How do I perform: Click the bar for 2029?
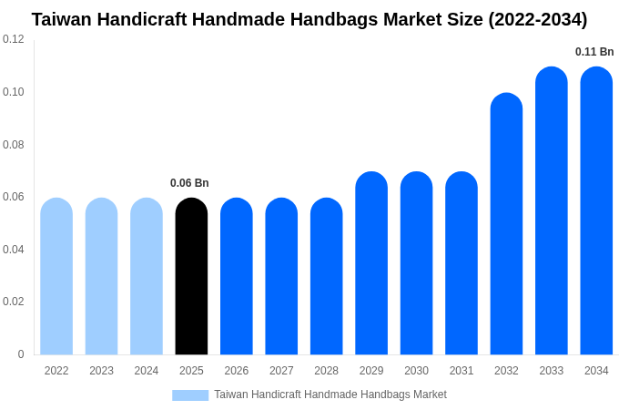(x=371, y=263)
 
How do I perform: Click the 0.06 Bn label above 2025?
(x=189, y=183)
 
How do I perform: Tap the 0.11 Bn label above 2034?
(x=594, y=52)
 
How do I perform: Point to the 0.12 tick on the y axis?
(x=14, y=39)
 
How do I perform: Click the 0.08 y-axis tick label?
(x=14, y=145)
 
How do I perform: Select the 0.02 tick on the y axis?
(x=14, y=302)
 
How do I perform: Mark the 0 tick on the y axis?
(x=21, y=354)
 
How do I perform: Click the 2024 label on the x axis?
(x=147, y=371)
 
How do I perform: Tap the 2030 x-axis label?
(x=416, y=371)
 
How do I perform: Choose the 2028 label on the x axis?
(x=326, y=371)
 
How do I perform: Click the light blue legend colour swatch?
(x=190, y=395)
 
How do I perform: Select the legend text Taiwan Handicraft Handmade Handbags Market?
(x=330, y=395)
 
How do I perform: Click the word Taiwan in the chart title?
(x=63, y=19)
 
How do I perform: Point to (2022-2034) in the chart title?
(x=538, y=19)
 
